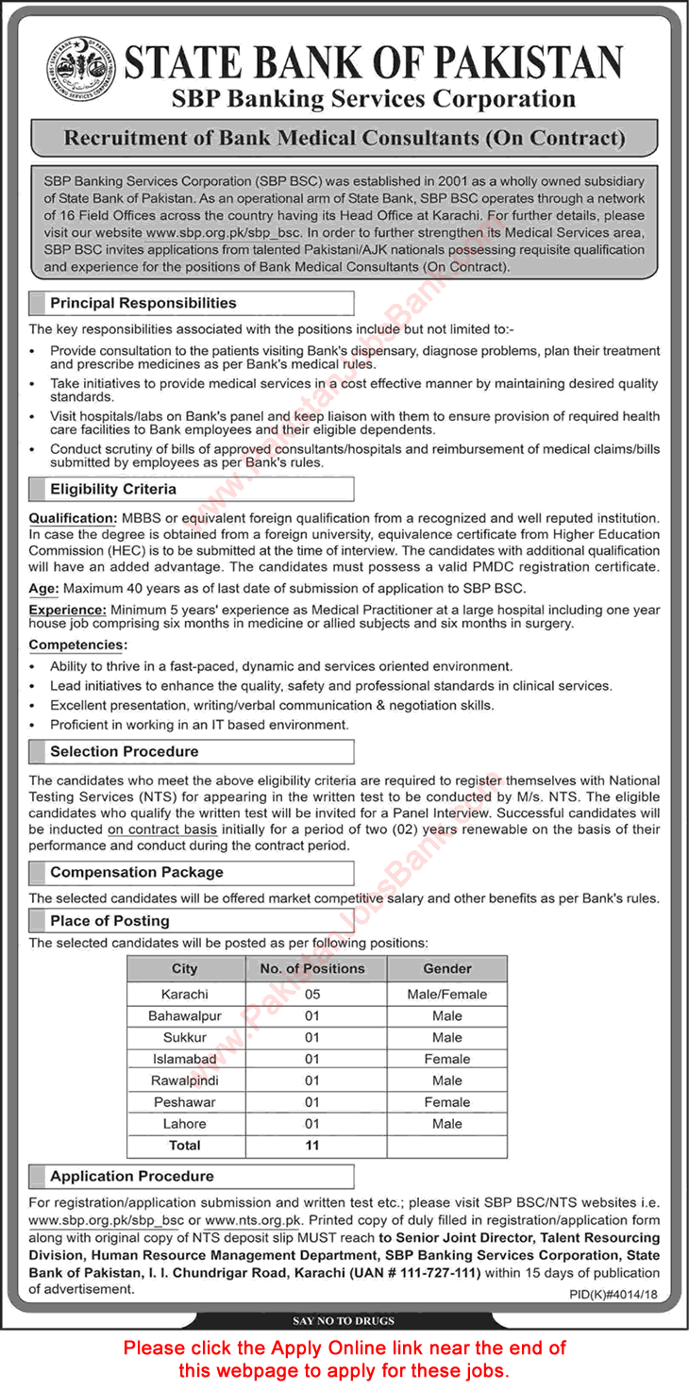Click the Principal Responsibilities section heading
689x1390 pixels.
(x=143, y=303)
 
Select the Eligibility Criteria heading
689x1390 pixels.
(x=113, y=489)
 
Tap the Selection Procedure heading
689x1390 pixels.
(x=124, y=751)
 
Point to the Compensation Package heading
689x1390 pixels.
(x=137, y=872)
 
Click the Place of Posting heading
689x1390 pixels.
(x=109, y=920)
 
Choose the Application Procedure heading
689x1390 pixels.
(x=132, y=1176)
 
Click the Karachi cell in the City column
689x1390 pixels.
(x=185, y=994)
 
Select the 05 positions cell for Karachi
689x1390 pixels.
(x=311, y=994)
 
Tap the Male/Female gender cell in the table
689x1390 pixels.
(x=447, y=994)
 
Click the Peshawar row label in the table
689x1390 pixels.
(x=185, y=1102)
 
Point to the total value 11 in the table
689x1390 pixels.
(x=311, y=1145)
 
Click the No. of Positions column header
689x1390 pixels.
(x=311, y=968)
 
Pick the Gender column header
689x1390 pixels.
(x=447, y=968)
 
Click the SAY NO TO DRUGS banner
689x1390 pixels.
(x=344, y=1320)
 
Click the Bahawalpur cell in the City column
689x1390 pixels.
(x=185, y=1015)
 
